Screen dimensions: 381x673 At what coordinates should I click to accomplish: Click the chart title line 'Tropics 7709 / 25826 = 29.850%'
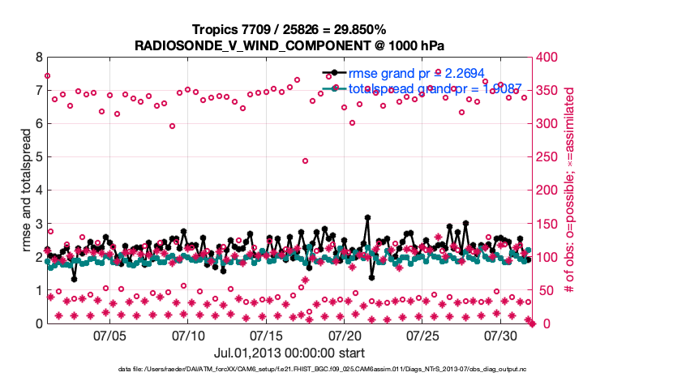pos(289,29)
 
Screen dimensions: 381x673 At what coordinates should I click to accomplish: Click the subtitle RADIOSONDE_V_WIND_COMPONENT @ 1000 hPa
pos(289,45)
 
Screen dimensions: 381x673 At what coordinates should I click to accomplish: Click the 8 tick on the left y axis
pos(39,58)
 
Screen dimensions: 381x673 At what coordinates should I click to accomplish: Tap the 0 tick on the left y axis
pos(39,323)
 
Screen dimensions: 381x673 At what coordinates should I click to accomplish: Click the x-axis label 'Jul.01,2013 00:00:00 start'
pos(289,353)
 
